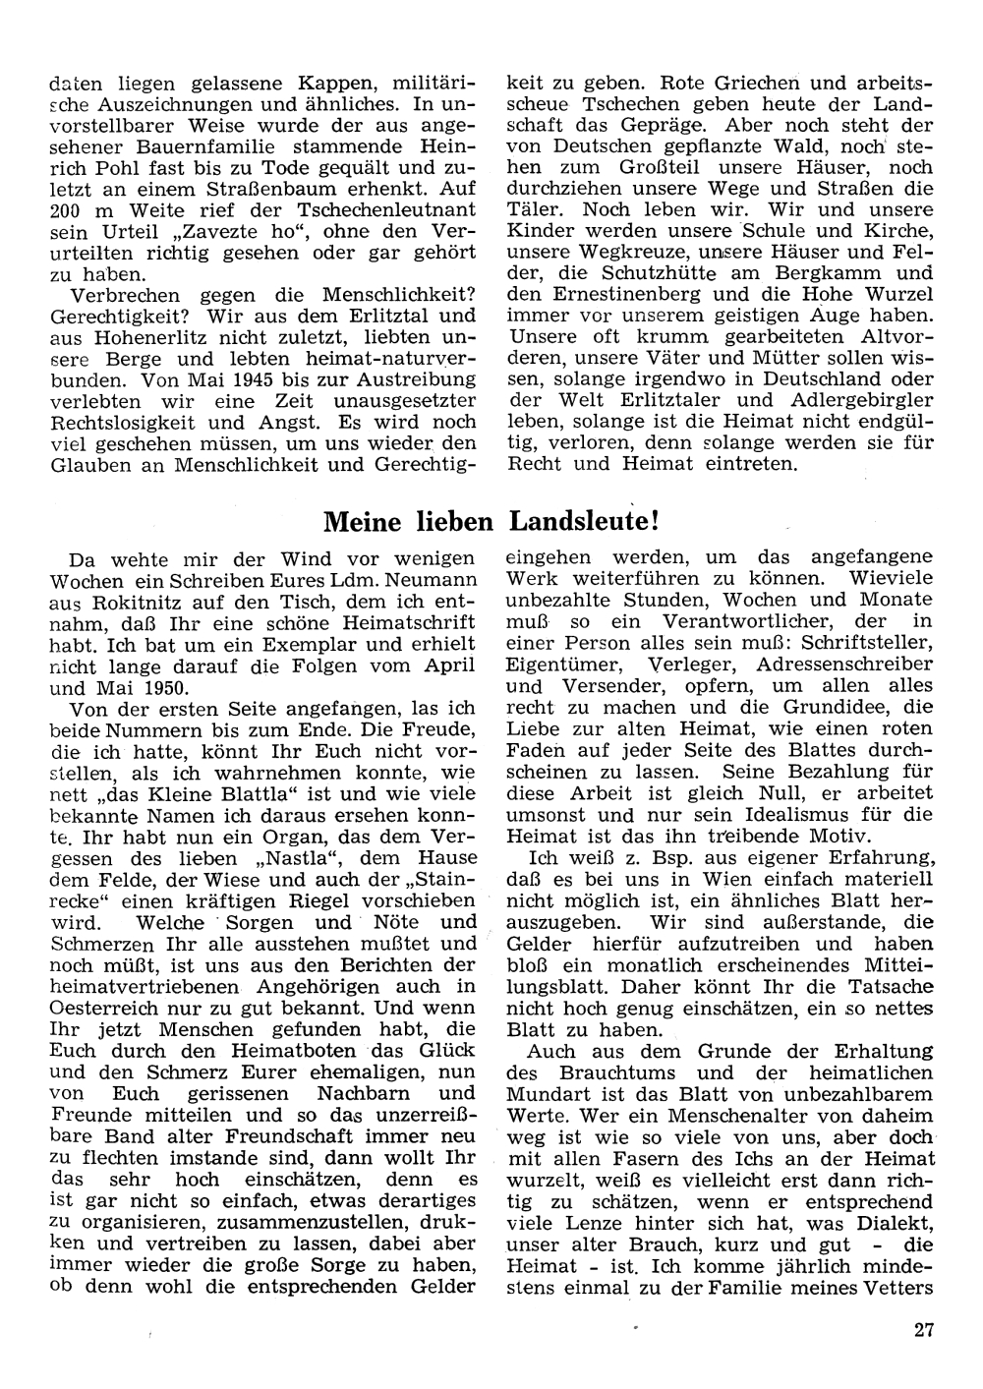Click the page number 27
click(922, 1331)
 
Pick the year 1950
click(167, 687)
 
